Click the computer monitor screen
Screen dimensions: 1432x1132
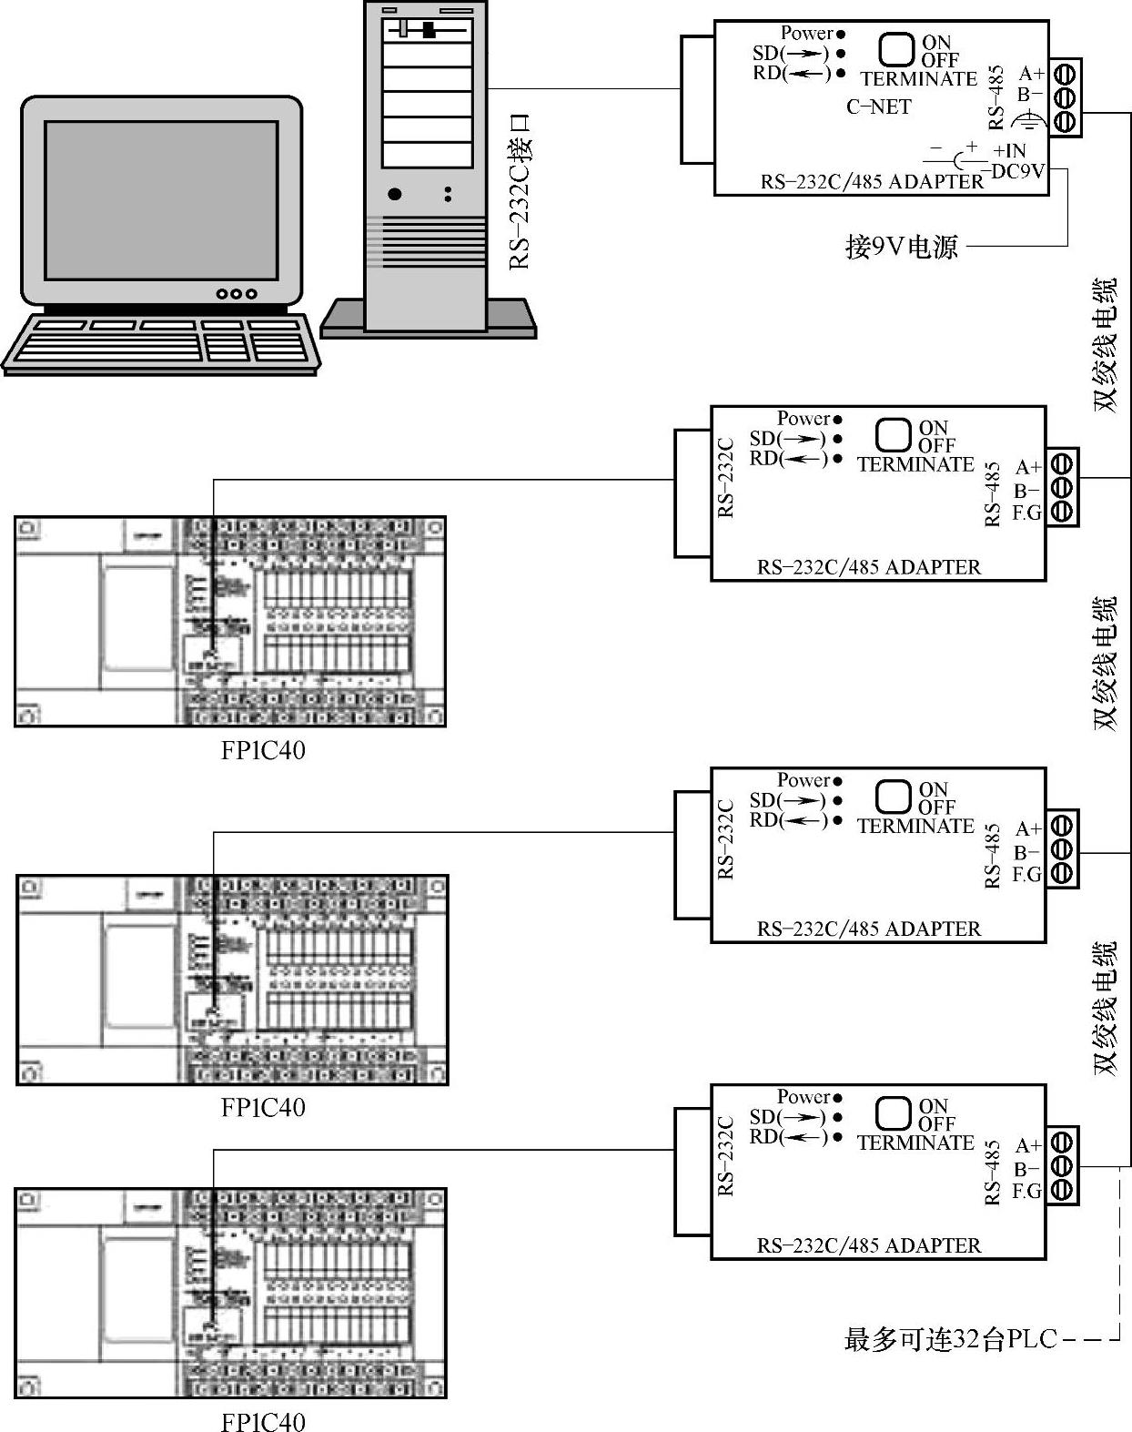point(161,199)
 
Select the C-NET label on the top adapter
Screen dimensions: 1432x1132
point(878,107)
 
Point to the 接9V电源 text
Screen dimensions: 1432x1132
point(901,246)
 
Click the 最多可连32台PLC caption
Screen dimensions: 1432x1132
point(951,1340)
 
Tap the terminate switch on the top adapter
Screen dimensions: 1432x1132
point(897,49)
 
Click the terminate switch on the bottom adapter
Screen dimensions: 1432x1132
point(894,1113)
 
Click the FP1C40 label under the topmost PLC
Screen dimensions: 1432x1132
point(263,750)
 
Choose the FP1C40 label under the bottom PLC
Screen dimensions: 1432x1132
point(263,1421)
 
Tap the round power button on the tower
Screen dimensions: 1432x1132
point(394,194)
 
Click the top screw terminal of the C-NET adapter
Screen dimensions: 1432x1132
point(1065,72)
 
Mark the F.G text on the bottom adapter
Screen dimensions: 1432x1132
point(1026,1191)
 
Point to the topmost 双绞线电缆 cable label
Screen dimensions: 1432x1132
point(1104,345)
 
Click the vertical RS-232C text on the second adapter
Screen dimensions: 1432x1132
point(725,478)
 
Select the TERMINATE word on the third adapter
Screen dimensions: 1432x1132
point(915,826)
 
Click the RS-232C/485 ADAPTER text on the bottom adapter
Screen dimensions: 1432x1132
point(869,1245)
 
